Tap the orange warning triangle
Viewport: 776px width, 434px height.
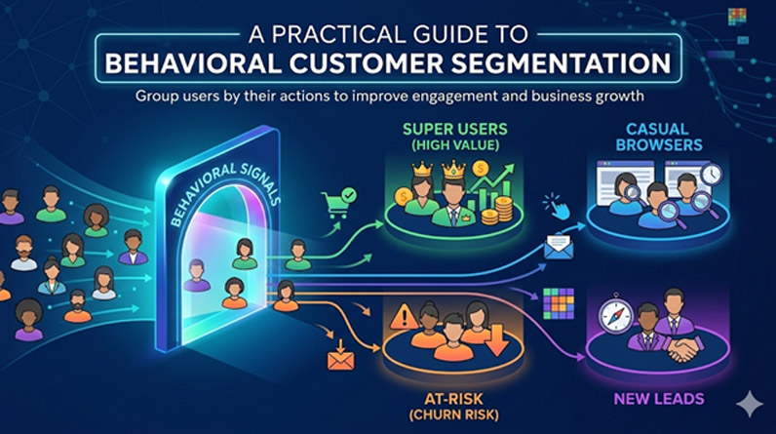pos(402,318)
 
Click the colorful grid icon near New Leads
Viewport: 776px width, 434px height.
pos(559,305)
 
